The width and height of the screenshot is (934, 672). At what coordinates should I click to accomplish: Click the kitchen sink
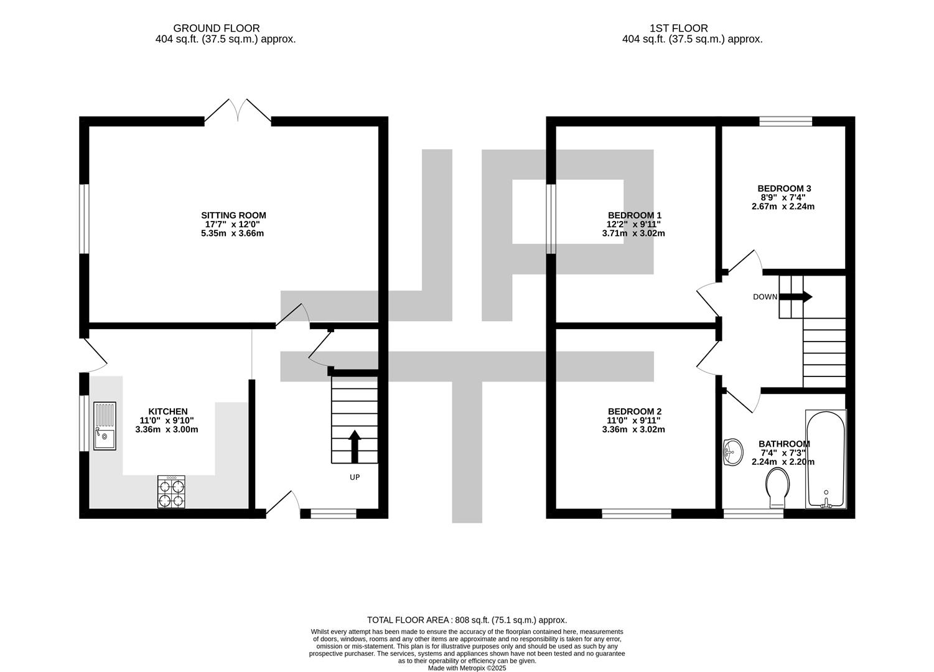click(x=105, y=426)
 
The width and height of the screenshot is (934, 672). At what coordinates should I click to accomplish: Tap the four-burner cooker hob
click(x=171, y=492)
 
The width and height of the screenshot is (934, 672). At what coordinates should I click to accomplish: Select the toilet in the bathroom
click(x=777, y=487)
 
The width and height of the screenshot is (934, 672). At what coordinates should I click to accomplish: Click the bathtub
click(x=826, y=459)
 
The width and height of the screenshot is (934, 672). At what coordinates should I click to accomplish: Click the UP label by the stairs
click(x=355, y=477)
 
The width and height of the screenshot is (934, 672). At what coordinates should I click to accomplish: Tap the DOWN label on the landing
click(x=765, y=297)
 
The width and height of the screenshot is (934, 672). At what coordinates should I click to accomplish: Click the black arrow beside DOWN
click(x=796, y=297)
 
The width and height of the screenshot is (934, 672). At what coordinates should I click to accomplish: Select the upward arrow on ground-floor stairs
click(x=355, y=447)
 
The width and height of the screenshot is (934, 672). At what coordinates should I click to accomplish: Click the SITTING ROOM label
click(x=233, y=215)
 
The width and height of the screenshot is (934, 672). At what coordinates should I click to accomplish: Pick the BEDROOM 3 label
click(x=784, y=189)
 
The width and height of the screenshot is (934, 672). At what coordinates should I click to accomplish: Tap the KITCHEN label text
click(x=168, y=411)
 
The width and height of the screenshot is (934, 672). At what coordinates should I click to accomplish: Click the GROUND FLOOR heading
click(x=217, y=29)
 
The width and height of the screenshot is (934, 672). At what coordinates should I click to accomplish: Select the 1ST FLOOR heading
click(x=679, y=29)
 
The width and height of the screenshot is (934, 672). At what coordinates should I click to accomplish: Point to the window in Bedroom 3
click(x=785, y=121)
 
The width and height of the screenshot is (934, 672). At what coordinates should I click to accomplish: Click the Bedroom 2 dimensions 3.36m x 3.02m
click(x=633, y=429)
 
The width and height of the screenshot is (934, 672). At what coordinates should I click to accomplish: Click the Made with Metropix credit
click(x=467, y=668)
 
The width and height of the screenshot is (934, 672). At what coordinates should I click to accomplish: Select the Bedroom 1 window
click(x=551, y=219)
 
